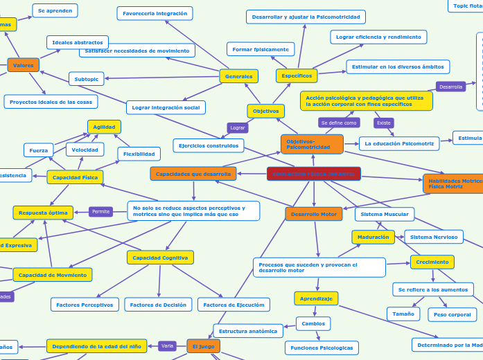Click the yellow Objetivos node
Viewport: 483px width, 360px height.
tap(265, 111)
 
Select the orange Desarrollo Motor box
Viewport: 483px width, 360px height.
tap(313, 214)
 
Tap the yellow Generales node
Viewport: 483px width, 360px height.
tap(238, 76)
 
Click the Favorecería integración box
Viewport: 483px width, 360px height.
tap(155, 13)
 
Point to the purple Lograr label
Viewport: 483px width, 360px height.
tap(238, 127)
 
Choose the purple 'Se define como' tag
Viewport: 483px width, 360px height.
tap(339, 123)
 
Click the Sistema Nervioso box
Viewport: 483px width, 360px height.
tap(433, 237)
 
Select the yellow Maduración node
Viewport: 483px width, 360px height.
tap(373, 237)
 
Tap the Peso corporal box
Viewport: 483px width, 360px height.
tap(452, 314)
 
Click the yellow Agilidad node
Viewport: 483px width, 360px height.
tap(104, 127)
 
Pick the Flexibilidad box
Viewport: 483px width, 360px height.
tap(139, 154)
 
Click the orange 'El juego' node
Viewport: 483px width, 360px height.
tap(203, 345)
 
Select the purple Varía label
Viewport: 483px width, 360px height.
tap(167, 345)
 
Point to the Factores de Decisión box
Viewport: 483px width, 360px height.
tap(158, 305)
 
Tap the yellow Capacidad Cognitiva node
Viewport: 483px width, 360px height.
tap(160, 258)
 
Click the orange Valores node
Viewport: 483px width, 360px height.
tap(23, 65)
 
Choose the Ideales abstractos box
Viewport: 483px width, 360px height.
tap(77, 43)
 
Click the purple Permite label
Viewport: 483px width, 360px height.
tap(100, 211)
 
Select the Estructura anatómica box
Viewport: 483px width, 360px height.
tap(247, 331)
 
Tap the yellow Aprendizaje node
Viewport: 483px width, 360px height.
tap(316, 298)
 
